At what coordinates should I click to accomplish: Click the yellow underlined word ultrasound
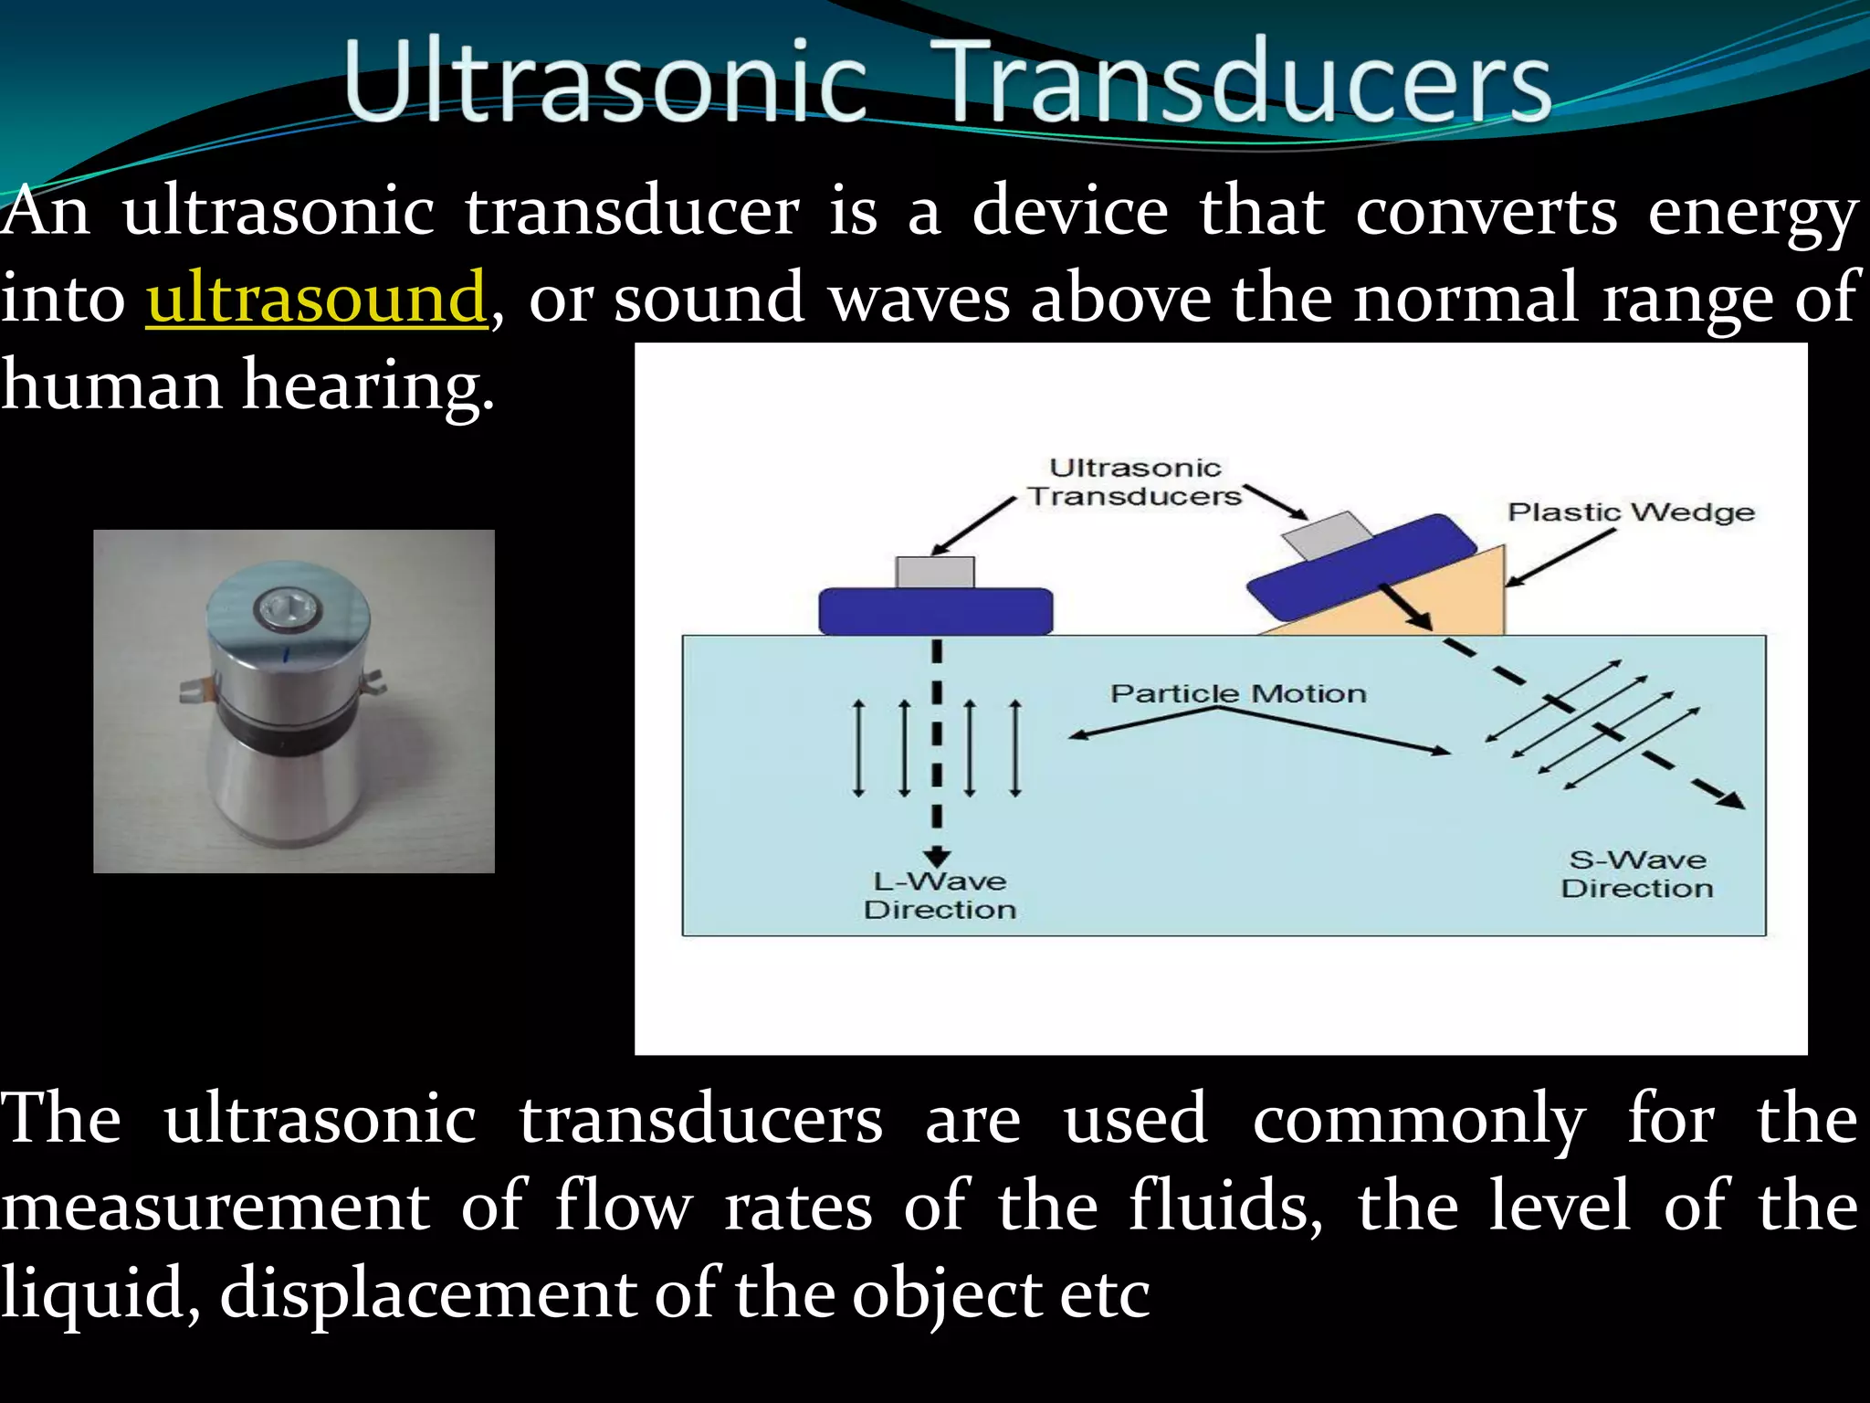tap(316, 299)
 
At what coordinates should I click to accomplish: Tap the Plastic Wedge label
tap(1631, 512)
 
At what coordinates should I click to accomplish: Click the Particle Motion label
tap(1238, 693)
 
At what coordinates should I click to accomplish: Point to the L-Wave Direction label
tap(940, 895)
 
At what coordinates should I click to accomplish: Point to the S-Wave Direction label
tap(1636, 874)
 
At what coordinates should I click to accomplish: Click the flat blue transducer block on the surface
tap(935, 611)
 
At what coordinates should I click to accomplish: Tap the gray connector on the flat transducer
tap(935, 573)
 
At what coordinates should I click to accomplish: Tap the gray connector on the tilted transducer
tap(1328, 533)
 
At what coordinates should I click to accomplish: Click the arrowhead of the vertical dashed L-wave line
tap(937, 858)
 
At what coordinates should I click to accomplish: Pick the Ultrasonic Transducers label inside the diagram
tap(1134, 481)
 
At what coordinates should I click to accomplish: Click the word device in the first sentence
tap(1069, 212)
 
